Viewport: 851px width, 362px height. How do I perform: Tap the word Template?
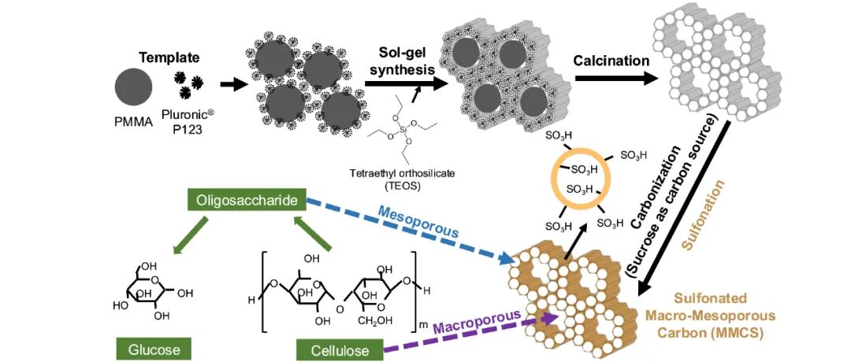(168, 57)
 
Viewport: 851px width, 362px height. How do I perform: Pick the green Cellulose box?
(339, 349)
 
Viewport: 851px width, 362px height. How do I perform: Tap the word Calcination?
(611, 61)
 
